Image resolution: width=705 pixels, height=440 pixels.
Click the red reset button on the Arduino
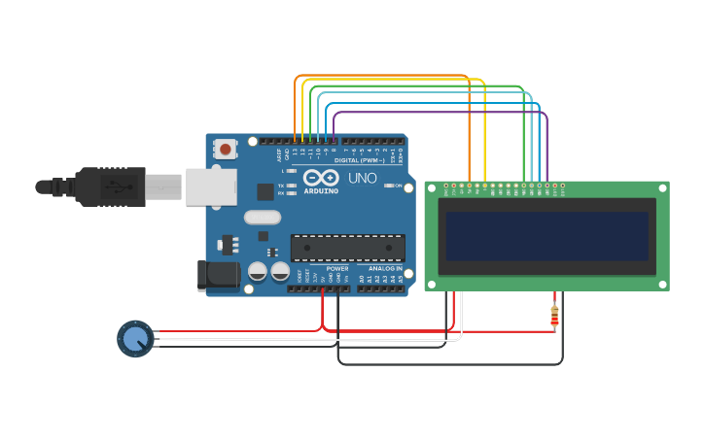point(226,149)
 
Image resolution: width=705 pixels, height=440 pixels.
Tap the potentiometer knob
point(135,339)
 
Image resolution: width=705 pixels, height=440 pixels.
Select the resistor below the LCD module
point(554,316)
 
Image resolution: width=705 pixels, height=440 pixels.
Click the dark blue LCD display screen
point(546,236)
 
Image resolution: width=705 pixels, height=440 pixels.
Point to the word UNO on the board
point(362,178)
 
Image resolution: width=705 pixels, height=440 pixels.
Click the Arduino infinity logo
point(321,178)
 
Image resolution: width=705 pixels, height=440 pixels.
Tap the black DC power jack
point(219,275)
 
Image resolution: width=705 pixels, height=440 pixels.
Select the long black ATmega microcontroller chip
point(348,248)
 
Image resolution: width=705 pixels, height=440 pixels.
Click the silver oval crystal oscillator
point(263,218)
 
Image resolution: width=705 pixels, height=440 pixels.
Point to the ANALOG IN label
point(385,268)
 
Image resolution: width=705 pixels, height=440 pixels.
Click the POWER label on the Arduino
point(336,268)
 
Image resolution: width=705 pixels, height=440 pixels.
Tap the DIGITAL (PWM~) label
point(359,160)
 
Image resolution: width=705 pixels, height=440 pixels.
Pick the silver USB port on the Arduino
point(211,186)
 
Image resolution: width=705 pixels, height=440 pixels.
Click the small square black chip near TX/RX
point(264,192)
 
